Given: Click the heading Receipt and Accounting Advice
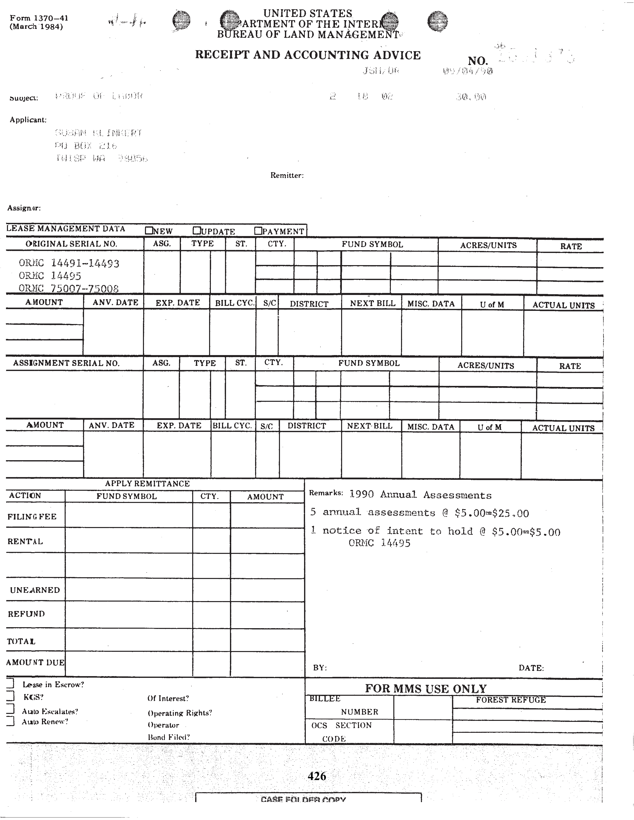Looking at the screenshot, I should point(308,55).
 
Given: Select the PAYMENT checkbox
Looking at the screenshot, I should point(258,231).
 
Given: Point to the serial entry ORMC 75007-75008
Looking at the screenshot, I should point(69,288).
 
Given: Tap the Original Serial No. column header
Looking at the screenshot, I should point(71,244).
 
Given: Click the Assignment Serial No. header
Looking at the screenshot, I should point(66,363).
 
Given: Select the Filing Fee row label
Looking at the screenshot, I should point(32,517).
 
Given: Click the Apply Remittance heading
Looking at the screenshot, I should point(147,484).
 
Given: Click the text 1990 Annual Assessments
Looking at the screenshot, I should point(420,494).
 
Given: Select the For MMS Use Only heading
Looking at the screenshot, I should point(426,689).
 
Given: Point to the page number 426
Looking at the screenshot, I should point(317,776).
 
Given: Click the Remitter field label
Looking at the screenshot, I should point(287,175).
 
